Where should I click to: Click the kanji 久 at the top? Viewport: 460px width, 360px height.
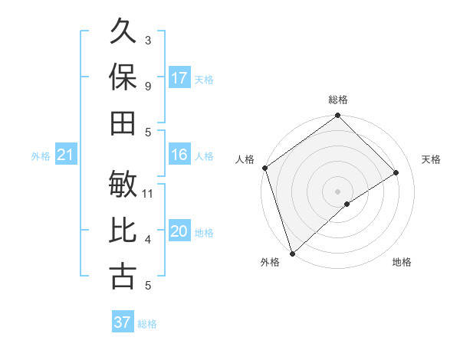(x=123, y=32)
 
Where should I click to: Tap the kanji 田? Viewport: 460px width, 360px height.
(x=123, y=123)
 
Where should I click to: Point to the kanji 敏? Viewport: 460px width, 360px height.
(x=123, y=184)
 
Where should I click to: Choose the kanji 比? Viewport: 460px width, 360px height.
(x=123, y=231)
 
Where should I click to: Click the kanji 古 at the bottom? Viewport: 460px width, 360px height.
(x=123, y=276)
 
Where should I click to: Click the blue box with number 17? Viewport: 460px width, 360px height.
(x=179, y=77)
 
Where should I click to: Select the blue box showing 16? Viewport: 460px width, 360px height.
(x=179, y=155)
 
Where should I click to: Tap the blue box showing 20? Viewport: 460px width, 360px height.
(x=179, y=231)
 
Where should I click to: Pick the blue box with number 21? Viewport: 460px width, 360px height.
(x=65, y=155)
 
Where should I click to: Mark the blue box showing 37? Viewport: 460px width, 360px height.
(x=122, y=322)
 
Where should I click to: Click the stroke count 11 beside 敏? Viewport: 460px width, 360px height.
(x=148, y=194)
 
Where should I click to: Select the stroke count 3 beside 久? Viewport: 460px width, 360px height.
(x=148, y=41)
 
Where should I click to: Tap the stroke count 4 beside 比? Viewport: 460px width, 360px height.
(x=148, y=241)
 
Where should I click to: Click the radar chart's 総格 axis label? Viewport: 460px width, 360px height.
(x=338, y=100)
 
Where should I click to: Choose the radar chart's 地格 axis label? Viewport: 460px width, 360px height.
(x=402, y=263)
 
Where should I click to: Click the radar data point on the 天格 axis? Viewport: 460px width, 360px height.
(x=396, y=172)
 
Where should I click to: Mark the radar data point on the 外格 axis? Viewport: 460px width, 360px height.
(x=291, y=254)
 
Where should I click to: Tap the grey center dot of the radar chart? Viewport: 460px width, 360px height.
(x=337, y=191)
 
